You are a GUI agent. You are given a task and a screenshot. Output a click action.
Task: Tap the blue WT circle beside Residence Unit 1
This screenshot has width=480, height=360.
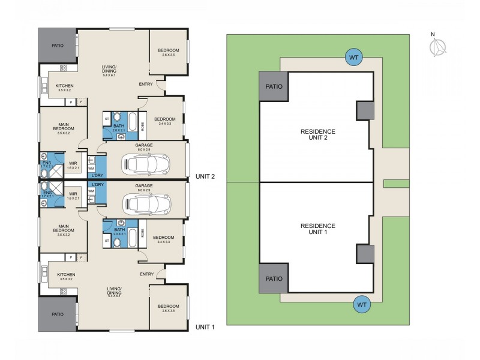362,304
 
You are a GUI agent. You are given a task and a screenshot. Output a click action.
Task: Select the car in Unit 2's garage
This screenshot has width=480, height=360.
145,162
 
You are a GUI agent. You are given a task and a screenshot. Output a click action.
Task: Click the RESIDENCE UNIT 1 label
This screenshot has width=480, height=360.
318,229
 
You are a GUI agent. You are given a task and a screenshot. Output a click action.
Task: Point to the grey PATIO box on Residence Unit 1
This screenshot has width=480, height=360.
274,279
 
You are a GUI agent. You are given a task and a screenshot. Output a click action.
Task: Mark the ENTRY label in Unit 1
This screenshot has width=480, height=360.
146,274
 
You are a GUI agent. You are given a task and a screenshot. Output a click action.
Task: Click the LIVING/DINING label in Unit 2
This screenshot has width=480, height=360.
109,70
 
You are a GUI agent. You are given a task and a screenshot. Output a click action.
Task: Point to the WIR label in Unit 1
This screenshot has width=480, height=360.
73,194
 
